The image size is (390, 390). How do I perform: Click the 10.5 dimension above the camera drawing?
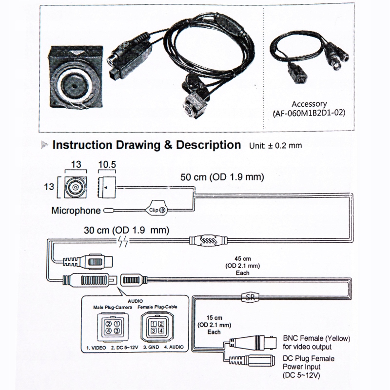pos(106,165)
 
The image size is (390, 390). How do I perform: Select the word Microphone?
pos(76,211)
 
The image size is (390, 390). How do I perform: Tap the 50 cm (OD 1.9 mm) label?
pos(222,177)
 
